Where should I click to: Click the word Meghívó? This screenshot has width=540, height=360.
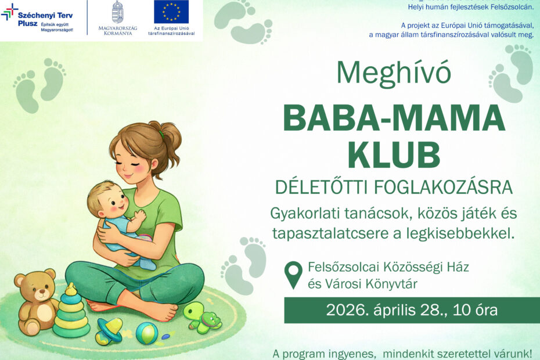tap(394, 72)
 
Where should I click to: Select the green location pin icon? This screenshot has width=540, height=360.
tap(294, 275)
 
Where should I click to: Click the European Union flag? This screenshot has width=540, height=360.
tap(171, 12)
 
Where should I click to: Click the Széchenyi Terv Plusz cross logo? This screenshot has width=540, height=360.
tap(10, 11)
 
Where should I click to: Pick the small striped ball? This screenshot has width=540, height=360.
tap(146, 333)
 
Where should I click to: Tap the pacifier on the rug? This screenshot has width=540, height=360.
tap(109, 331)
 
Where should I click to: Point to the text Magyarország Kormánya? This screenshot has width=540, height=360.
tap(117, 31)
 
